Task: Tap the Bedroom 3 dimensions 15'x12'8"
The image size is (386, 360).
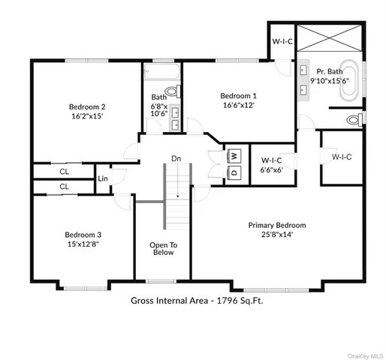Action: coord(83,244)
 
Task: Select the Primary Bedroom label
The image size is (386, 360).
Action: coord(277,224)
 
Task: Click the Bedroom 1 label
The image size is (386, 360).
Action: coord(238,96)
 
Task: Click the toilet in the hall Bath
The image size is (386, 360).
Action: coord(172,91)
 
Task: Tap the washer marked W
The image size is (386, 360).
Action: coord(234,155)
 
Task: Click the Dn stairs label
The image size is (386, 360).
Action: coord(176,158)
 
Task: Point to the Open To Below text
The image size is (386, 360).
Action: coord(163,248)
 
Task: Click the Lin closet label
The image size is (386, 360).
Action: coord(102,178)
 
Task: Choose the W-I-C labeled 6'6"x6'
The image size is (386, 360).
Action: coord(271,165)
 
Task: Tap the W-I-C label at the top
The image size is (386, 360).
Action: coord(282,40)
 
